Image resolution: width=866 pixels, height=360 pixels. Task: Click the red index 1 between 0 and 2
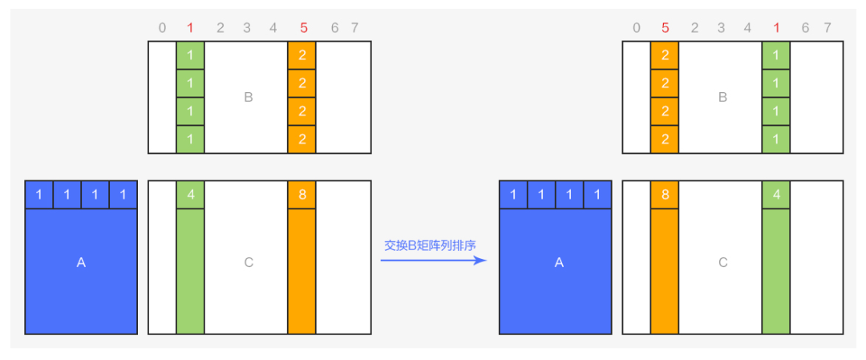coord(191,27)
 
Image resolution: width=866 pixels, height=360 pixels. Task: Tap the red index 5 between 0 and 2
coord(665,27)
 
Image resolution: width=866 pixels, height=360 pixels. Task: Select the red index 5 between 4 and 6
coord(303,27)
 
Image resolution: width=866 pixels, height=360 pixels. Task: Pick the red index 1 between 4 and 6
coord(776,27)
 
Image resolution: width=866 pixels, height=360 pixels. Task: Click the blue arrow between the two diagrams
coord(434,260)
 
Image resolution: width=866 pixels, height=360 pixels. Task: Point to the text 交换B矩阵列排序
coord(430,245)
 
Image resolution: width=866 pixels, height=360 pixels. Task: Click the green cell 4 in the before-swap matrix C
coord(191,195)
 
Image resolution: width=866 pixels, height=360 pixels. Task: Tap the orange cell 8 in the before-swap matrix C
coord(301,195)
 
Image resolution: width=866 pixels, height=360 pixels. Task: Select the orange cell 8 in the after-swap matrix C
coord(665,195)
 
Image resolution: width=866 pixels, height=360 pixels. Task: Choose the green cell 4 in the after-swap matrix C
coord(776,195)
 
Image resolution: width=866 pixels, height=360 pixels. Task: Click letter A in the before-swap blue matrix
coord(81,263)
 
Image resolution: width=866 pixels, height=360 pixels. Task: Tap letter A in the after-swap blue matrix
coord(558,263)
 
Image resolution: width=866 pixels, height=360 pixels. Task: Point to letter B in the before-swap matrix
coord(249,97)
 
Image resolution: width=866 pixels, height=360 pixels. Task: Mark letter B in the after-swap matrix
coord(722,97)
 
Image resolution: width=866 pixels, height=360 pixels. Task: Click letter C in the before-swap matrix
coord(249,263)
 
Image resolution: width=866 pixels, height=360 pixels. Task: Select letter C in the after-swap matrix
coord(722,263)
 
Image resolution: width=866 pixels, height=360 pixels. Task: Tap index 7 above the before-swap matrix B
coord(354,27)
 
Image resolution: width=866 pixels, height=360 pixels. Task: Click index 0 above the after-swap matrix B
coord(637,27)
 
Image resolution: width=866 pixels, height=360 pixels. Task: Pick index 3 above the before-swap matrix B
coord(247,27)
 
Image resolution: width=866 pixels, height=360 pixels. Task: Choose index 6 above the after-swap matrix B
coord(805,27)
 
